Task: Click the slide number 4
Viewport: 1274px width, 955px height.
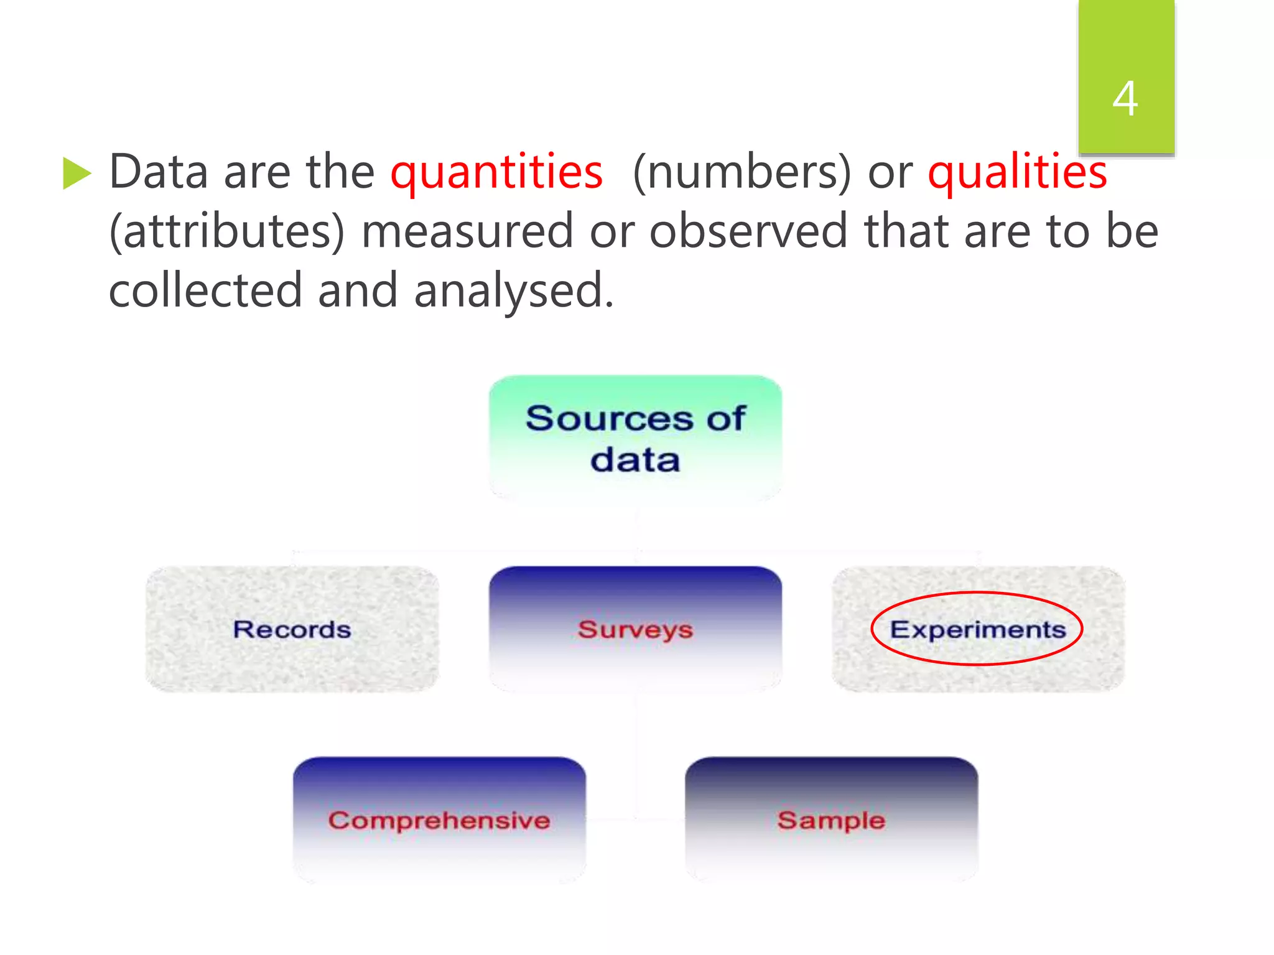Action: [1125, 98]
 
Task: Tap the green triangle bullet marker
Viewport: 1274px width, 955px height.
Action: [77, 173]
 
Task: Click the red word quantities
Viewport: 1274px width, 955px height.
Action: [496, 172]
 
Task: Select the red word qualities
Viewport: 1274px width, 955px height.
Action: [1017, 172]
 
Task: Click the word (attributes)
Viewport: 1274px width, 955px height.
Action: [226, 231]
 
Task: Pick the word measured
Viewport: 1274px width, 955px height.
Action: [467, 231]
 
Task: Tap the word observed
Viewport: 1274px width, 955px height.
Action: [748, 231]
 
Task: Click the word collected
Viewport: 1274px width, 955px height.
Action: [205, 290]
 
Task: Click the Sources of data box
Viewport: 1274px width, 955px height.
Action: [635, 438]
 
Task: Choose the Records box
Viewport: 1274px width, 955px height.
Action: [292, 629]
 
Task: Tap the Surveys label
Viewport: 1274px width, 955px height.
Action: [635, 630]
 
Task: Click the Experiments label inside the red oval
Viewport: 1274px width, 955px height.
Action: [977, 629]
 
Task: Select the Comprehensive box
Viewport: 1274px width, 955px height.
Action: [439, 820]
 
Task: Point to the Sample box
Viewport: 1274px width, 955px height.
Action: [831, 820]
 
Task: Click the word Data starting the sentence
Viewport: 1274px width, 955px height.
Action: [159, 172]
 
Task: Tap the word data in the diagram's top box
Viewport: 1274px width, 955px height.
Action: [635, 461]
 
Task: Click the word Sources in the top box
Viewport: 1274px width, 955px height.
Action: [608, 418]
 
